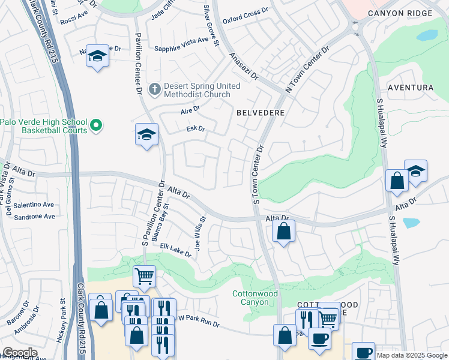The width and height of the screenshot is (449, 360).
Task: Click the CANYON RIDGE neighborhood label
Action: pyautogui.click(x=408, y=13)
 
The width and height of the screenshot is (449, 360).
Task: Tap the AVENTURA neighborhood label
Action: pyautogui.click(x=411, y=88)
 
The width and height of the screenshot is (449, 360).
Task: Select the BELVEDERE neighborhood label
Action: pyautogui.click(x=260, y=112)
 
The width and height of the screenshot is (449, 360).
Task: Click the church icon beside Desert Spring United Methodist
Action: pyautogui.click(x=154, y=89)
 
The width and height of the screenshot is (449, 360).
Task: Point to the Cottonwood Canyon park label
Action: pyautogui.click(x=256, y=298)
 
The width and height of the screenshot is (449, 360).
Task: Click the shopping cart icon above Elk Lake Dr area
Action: pyautogui.click(x=144, y=277)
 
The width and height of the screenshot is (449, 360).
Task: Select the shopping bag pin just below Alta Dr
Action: pyautogui.click(x=283, y=230)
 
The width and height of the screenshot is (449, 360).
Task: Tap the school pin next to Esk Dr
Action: pyautogui.click(x=146, y=135)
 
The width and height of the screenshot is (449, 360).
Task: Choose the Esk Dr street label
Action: pyautogui.click(x=196, y=128)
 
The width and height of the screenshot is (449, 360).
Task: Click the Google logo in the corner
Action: pyautogui.click(x=20, y=353)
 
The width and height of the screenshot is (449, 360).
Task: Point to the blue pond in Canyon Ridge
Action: pyautogui.click(x=427, y=35)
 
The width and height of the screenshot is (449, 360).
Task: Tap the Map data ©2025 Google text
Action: pyautogui.click(x=412, y=355)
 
